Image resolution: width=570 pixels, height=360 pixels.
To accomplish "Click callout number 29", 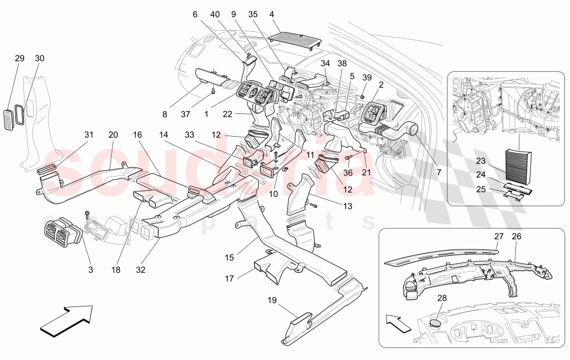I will pyautogui.click(x=19, y=58).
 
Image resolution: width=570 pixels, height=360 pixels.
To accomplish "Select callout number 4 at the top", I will pyautogui.click(x=271, y=14).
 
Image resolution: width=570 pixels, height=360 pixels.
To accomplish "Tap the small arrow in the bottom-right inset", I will pyautogui.click(x=398, y=323).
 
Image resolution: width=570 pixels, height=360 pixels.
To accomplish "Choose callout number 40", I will pyautogui.click(x=215, y=14).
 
